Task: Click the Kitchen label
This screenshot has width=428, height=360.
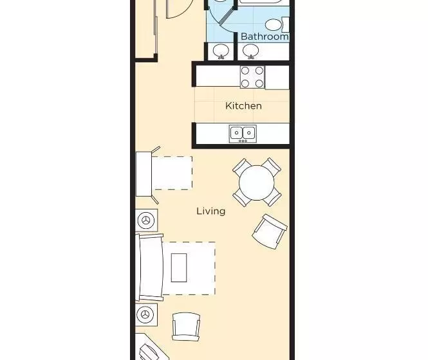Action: pos(243,106)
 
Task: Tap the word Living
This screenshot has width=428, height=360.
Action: pos(211,212)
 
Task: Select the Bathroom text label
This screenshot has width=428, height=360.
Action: pos(265,37)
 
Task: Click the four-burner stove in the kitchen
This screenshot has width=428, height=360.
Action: pos(252,77)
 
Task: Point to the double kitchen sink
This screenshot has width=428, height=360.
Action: pos(243,134)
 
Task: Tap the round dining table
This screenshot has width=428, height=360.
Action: pos(257,183)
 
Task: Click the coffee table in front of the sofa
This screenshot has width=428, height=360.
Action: pos(179,267)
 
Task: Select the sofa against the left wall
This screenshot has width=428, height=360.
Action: pos(149,267)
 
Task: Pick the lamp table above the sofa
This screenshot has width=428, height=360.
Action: pos(146,221)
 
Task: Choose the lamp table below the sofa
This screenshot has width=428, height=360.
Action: pos(146,314)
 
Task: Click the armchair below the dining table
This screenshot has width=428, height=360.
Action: pos(270,232)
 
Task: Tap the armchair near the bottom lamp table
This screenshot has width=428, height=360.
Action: pos(186,327)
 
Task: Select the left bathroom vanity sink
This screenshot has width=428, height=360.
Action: pos(221,51)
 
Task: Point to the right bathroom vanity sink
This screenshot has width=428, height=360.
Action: pos(251,51)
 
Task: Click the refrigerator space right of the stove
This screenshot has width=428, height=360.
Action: pos(277,77)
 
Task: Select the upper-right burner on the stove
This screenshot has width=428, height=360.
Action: pos(259,71)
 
